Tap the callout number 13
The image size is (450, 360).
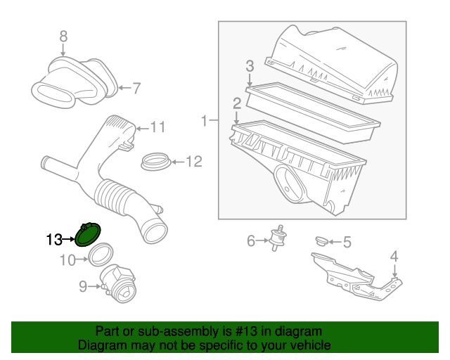pyautogui.click(x=54, y=239)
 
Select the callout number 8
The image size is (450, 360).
pyautogui.click(x=63, y=37)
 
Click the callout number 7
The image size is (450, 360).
pyautogui.click(x=136, y=88)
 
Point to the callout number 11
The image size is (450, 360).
pyautogui.click(x=158, y=127)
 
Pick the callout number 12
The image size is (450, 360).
pyautogui.click(x=194, y=162)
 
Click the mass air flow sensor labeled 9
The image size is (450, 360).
pyautogui.click(x=118, y=283)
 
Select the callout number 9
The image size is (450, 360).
pyautogui.click(x=83, y=286)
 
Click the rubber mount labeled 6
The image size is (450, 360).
pyautogui.click(x=278, y=238)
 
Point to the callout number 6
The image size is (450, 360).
pyautogui.click(x=251, y=240)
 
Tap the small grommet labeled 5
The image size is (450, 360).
pyautogui.click(x=322, y=241)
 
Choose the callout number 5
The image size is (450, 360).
pyautogui.click(x=347, y=242)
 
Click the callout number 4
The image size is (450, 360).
pyautogui.click(x=394, y=256)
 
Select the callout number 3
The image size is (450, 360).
pyautogui.click(x=250, y=66)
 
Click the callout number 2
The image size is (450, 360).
pyautogui.click(x=237, y=103)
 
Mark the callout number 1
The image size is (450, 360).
pyautogui.click(x=204, y=121)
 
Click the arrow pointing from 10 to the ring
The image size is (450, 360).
pyautogui.click(x=82, y=259)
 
